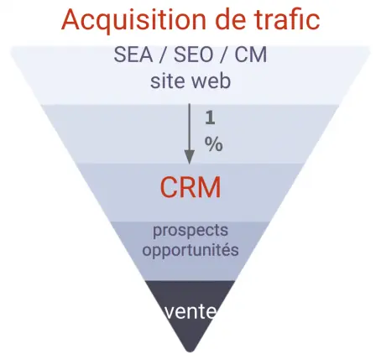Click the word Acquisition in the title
pyautogui.click(x=133, y=20)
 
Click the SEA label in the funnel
pyautogui.click(x=133, y=55)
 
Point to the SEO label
pyautogui.click(x=194, y=55)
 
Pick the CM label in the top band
pyautogui.click(x=250, y=55)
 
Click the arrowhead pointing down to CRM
pyautogui.click(x=190, y=157)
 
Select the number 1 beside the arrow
pyautogui.click(x=210, y=117)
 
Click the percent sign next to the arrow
pyautogui.click(x=214, y=144)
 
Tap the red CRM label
pyautogui.click(x=191, y=187)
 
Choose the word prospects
pyautogui.click(x=191, y=231)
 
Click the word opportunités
pyautogui.click(x=191, y=250)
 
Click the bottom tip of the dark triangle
pyautogui.click(x=190, y=352)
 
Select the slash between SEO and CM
pyautogui.click(x=224, y=55)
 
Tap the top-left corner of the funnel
pyautogui.click(x=10, y=48)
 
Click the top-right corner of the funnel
pyautogui.click(x=371, y=48)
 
